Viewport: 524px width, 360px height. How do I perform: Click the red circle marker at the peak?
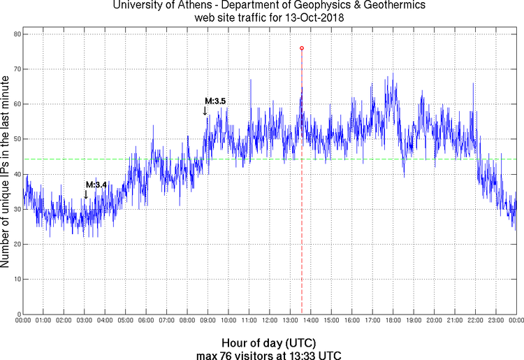[x=302, y=48]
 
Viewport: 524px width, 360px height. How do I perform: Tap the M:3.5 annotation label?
[x=215, y=101]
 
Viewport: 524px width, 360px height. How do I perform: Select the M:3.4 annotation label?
[x=96, y=185]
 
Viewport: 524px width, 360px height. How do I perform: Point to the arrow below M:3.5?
[x=205, y=111]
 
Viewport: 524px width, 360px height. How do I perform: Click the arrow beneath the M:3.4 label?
[x=86, y=195]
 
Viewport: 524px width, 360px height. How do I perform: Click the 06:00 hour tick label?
[x=146, y=321]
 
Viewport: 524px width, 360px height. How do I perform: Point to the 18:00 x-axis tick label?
[x=393, y=321]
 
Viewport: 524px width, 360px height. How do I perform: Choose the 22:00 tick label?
[x=475, y=321]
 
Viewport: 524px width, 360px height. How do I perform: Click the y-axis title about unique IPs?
[x=6, y=173]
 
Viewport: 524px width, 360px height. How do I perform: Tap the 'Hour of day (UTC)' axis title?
[x=268, y=343]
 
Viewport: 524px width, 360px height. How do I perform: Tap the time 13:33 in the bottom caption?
[x=305, y=355]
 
